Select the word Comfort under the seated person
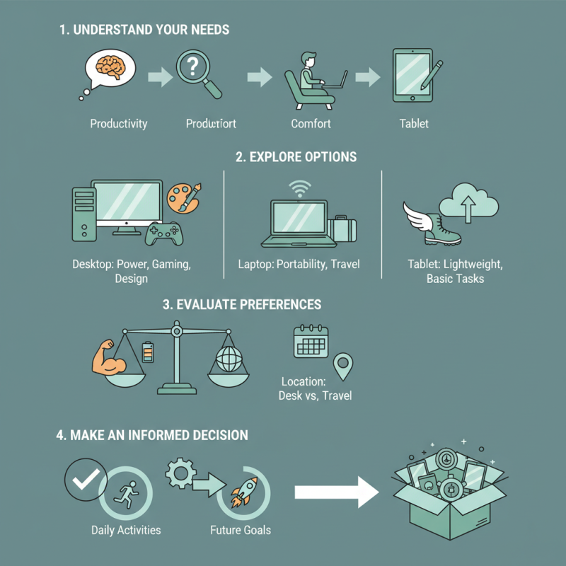311,124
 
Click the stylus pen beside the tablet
433,74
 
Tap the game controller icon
163,233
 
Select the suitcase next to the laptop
342,229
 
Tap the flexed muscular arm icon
110,354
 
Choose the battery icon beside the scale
148,351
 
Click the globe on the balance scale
228,359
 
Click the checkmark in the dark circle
86,481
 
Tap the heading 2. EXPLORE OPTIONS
296,157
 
